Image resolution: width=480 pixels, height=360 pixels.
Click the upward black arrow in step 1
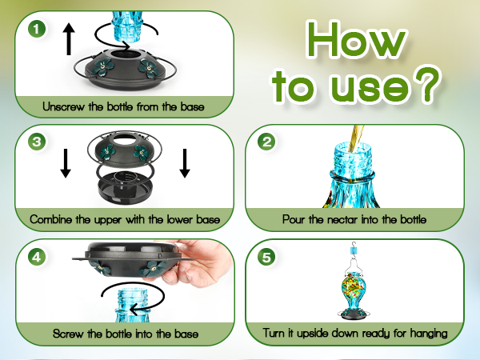point(69,38)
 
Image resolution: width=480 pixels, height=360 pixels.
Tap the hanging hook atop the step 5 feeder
point(351,249)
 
